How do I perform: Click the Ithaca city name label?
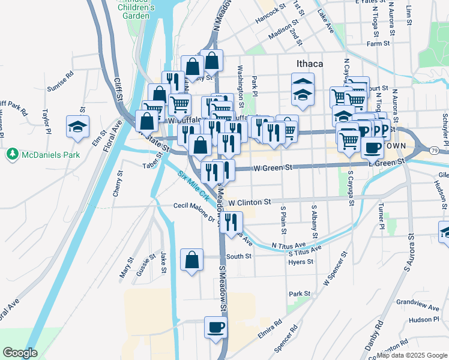point(310,64)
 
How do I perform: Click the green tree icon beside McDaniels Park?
point(11,154)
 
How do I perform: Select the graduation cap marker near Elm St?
point(77,127)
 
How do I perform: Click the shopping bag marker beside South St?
point(191,260)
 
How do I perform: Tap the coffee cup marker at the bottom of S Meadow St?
point(216,328)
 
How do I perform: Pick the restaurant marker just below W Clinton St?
point(231,221)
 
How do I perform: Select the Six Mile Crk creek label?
point(194,186)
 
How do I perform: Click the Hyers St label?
point(301,262)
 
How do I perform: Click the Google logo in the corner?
point(20,353)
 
